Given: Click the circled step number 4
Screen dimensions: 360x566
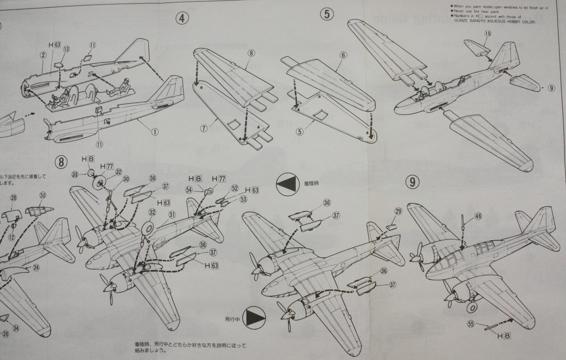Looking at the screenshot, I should (x=183, y=18).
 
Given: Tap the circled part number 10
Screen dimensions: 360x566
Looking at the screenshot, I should (x=487, y=33).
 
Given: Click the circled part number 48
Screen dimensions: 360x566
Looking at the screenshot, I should (x=478, y=217).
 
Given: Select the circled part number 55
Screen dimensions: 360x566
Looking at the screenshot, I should (x=470, y=324).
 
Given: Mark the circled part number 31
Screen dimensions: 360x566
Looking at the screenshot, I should (x=172, y=215).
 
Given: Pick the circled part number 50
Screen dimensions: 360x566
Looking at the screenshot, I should (x=43, y=195).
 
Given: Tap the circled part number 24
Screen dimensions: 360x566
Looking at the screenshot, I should (x=36, y=268).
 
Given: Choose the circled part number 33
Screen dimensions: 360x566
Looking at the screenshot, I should (x=75, y=175).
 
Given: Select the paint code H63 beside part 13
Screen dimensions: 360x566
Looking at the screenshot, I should (x=54, y=45).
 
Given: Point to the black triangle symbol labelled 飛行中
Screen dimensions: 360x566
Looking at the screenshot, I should (x=256, y=317).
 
